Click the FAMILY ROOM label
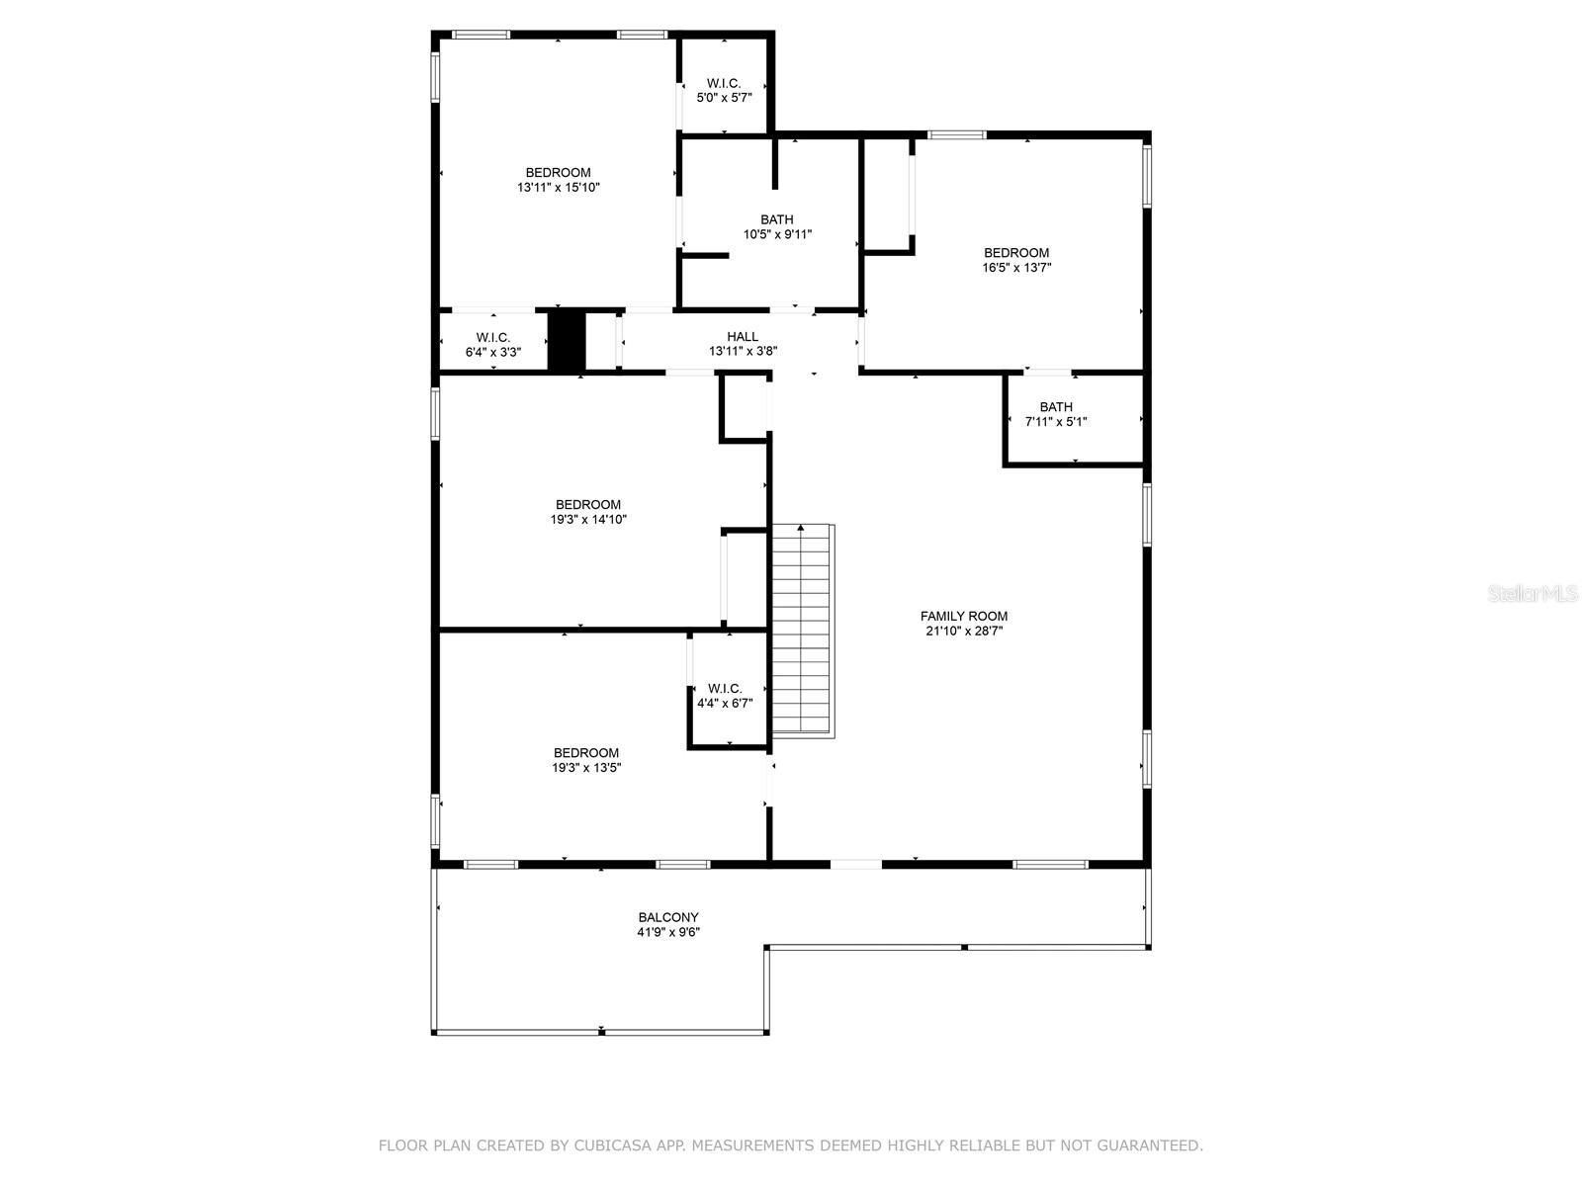point(964,616)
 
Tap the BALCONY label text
point(668,917)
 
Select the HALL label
point(743,336)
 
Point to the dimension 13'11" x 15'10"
point(559,187)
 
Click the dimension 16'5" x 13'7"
point(1017,267)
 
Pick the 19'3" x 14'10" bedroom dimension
point(589,519)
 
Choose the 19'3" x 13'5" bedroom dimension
point(586,768)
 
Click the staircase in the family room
point(803,631)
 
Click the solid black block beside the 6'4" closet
point(567,340)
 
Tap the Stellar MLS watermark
point(1533,593)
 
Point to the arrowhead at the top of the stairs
point(800,528)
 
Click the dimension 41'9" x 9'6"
point(668,932)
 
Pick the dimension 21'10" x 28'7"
point(964,631)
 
